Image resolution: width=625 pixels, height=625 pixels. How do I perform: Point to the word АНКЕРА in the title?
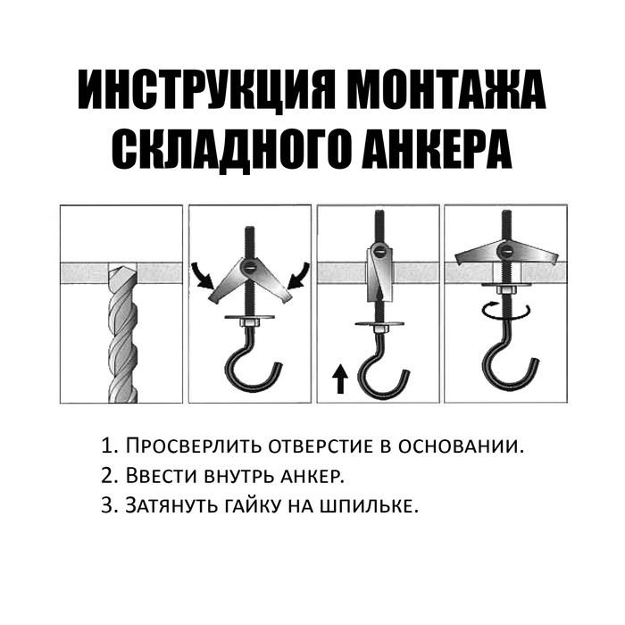(437, 149)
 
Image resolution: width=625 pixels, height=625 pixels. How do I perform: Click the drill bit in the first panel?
(123, 334)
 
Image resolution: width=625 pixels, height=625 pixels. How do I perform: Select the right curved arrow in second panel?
(297, 275)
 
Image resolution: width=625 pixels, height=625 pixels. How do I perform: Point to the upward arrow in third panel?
(340, 379)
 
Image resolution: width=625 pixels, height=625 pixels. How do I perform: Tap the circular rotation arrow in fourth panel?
(506, 311)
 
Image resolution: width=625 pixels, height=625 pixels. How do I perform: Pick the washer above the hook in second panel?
(249, 317)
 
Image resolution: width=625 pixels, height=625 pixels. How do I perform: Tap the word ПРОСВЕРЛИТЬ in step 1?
(194, 446)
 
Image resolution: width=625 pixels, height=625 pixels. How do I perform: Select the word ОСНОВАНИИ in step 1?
(461, 446)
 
